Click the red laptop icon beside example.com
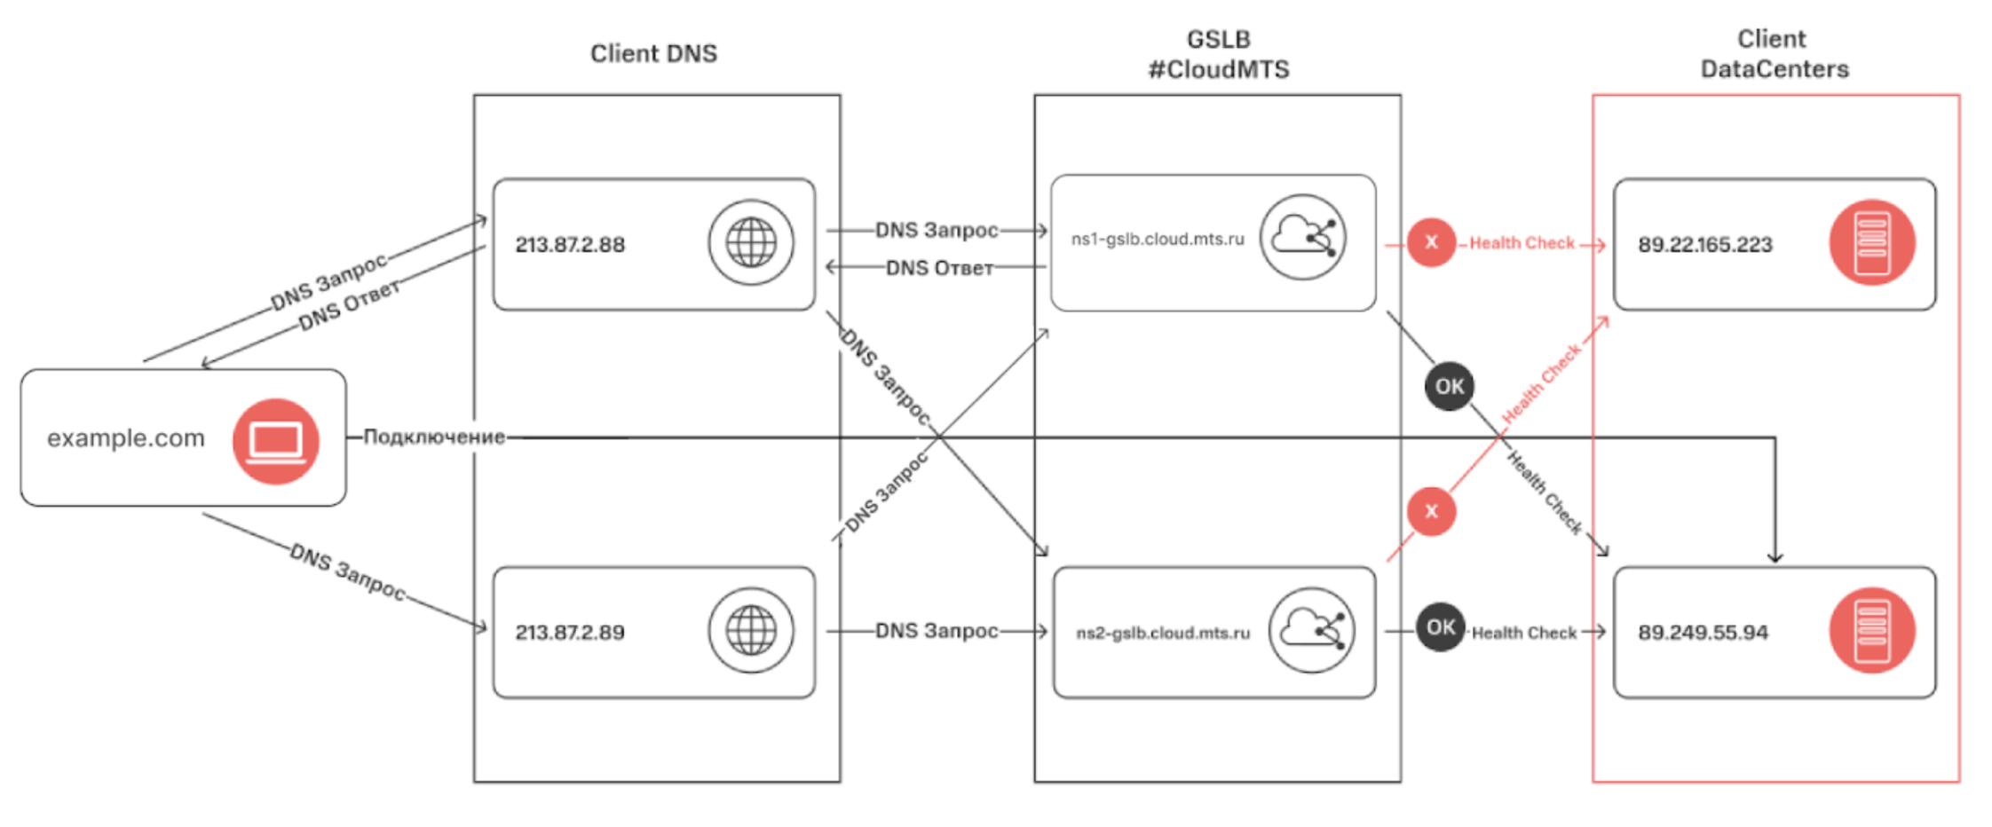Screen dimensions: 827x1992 click(275, 440)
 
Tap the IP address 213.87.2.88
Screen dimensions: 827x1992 click(570, 245)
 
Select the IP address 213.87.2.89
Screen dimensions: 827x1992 click(570, 633)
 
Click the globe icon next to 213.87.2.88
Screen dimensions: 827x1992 click(751, 242)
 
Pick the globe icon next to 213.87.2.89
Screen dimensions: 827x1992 click(751, 630)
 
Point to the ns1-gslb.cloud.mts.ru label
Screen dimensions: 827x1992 click(1158, 239)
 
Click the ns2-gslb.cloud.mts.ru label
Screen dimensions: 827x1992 click(1163, 633)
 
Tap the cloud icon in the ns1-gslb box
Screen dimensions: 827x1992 click(1302, 237)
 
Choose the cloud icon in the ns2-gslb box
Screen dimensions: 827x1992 click(1311, 630)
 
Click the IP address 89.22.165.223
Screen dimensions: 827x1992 click(1705, 245)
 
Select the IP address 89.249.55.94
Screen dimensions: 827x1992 click(1703, 633)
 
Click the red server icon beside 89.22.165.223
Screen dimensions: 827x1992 click(1871, 242)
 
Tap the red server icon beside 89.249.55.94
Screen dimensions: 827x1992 click(1871, 630)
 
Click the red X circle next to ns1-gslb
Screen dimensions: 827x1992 click(1431, 242)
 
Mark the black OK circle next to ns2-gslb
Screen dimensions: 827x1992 click(1440, 627)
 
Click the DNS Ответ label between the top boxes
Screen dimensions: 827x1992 click(939, 268)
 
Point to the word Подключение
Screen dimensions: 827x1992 click(434, 437)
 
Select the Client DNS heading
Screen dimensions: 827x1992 click(653, 53)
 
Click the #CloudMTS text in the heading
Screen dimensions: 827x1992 click(1218, 69)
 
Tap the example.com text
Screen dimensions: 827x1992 click(126, 438)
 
